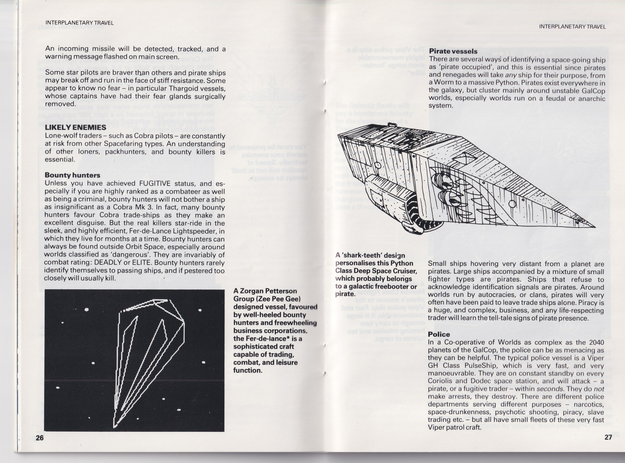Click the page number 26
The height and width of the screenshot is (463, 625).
[x=40, y=438]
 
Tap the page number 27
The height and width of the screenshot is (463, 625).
[x=608, y=437]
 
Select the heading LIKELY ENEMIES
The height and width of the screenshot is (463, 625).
[x=75, y=127]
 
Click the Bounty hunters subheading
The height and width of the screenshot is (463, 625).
[x=72, y=175]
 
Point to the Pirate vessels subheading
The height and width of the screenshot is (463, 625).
[x=453, y=51]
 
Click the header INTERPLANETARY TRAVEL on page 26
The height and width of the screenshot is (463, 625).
[x=80, y=23]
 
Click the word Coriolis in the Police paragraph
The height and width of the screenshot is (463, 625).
[x=439, y=381]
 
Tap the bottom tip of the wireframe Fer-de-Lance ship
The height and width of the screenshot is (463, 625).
[x=114, y=427]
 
